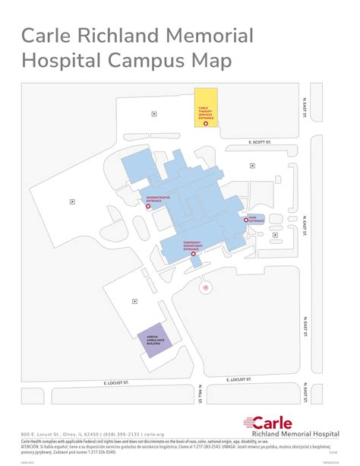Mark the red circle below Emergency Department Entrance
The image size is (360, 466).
[194, 255]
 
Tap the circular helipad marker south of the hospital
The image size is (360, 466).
[205, 288]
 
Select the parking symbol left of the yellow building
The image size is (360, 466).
[154, 113]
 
